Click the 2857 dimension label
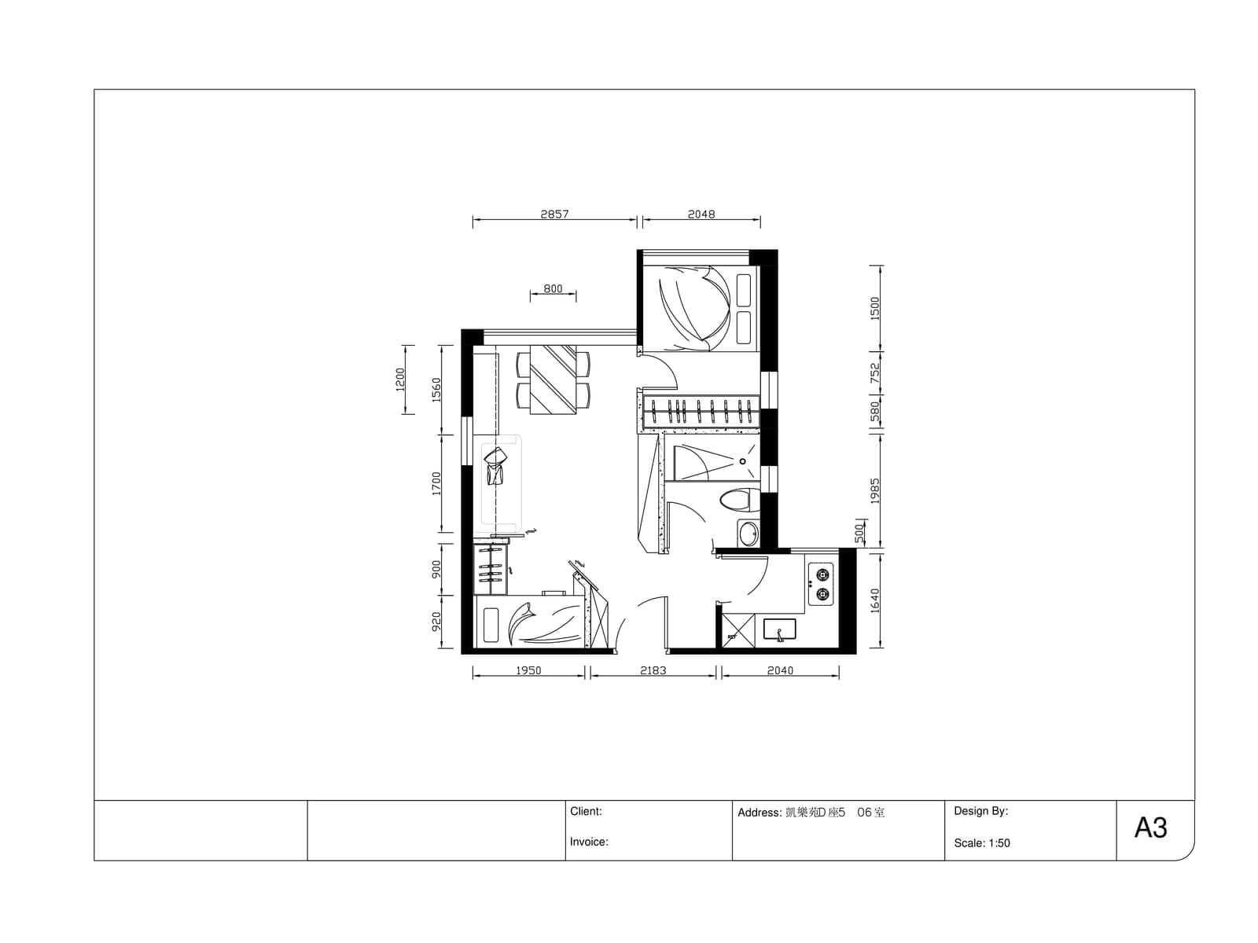554,214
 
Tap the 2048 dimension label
701,214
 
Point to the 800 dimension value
553,288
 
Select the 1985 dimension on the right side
874,490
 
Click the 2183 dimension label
653,670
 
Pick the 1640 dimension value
874,600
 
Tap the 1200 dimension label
400,379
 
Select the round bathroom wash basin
748,534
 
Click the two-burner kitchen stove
820,583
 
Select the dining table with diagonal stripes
553,379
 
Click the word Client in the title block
585,811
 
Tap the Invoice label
589,842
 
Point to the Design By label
980,811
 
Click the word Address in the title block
760,813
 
